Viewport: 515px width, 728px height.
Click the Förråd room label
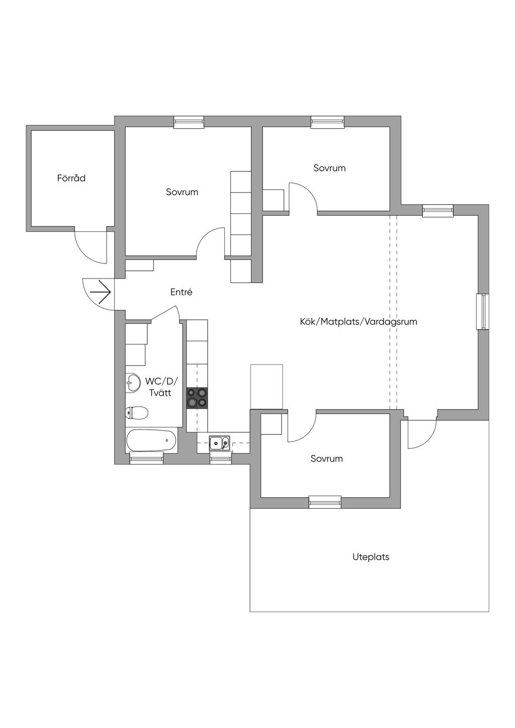point(71,178)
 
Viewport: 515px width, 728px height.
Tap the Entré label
point(181,292)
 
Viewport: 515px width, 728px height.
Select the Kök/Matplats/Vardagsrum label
point(359,322)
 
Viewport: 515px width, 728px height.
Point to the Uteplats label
point(371,557)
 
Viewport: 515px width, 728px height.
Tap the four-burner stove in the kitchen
point(197,398)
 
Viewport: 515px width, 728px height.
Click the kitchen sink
point(220,443)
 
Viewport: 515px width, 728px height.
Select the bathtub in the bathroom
point(151,441)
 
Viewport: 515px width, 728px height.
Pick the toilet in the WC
point(136,413)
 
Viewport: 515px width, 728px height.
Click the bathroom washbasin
point(132,383)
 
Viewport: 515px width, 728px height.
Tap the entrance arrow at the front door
point(100,292)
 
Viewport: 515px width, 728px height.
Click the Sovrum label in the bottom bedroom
point(326,459)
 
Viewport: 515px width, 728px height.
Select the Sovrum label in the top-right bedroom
point(329,168)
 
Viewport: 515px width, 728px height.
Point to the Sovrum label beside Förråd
point(182,192)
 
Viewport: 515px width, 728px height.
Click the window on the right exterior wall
point(482,312)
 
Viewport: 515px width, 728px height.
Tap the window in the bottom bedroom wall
point(325,502)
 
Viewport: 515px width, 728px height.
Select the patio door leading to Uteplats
point(421,432)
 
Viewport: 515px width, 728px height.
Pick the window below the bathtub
point(146,458)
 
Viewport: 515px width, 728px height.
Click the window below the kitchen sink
point(220,458)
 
